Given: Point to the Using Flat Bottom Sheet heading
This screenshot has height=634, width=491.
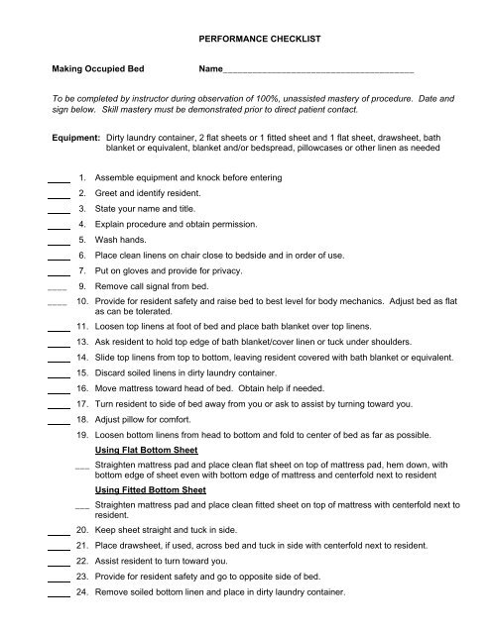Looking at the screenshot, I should click(146, 450).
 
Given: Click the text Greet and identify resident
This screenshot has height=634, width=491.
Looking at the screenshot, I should click(146, 193).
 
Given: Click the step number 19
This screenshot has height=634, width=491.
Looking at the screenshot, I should click(82, 435).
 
